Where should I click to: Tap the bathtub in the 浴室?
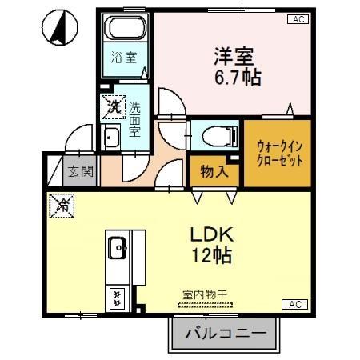pos(126,31)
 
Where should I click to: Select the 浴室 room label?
pos(124,58)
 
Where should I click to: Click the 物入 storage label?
pos(214,170)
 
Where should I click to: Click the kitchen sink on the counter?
pos(117,248)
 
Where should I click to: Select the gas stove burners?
pos(117,298)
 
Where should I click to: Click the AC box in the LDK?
pos(294,305)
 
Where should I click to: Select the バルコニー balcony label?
pos(226,333)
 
